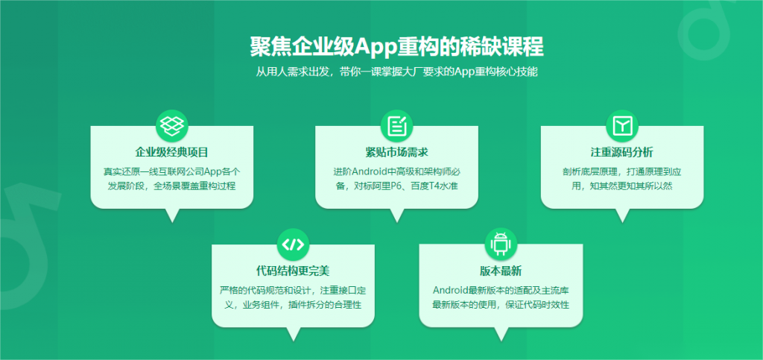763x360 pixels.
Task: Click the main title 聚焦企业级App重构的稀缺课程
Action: coord(396,47)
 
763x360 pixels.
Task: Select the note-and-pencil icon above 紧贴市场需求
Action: coord(396,126)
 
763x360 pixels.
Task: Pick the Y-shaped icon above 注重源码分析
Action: coord(622,126)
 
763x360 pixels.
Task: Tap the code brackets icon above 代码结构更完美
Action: coord(293,244)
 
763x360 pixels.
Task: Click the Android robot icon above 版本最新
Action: coord(501,244)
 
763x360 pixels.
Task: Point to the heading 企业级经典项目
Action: coord(172,152)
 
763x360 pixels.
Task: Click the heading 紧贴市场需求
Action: coord(396,152)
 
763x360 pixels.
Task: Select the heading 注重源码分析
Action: coord(622,152)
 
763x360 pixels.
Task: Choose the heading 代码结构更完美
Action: coord(293,271)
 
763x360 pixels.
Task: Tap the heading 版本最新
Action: coord(501,271)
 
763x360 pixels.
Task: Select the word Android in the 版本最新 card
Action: coord(450,291)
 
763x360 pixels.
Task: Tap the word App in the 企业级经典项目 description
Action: coord(213,172)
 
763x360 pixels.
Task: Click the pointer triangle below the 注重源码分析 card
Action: coord(622,215)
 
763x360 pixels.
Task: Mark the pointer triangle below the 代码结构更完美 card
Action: coord(293,334)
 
